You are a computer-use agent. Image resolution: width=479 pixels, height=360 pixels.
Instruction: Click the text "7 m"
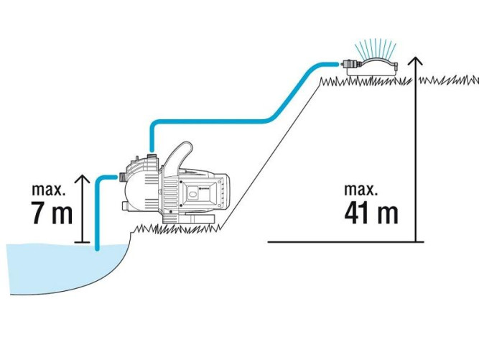52,214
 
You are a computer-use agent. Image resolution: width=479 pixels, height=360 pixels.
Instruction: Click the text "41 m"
370,213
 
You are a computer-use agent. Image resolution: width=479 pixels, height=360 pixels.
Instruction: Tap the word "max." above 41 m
361,190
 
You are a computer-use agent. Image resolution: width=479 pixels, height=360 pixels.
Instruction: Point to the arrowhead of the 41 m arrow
416,63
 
